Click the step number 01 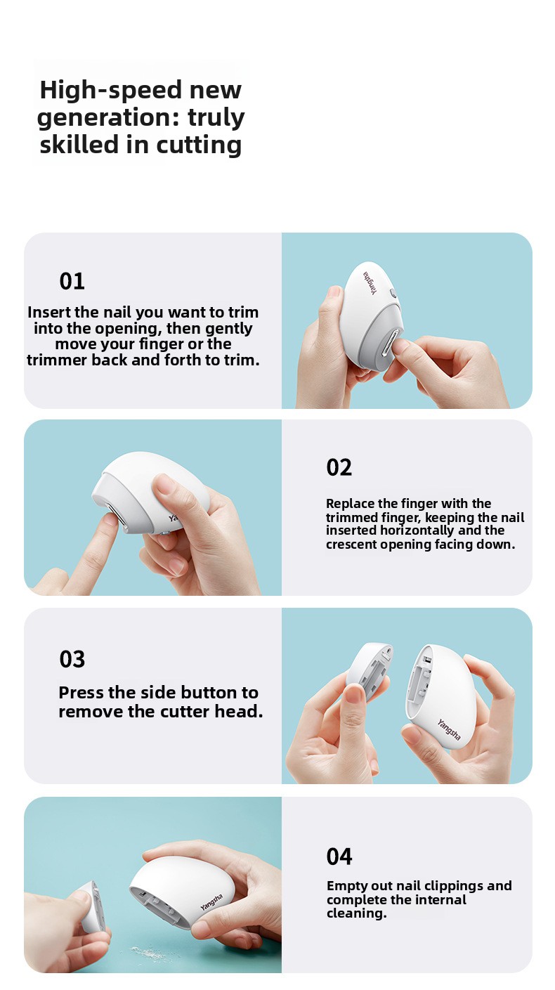72,281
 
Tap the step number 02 339,468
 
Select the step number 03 72,659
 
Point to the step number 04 339,857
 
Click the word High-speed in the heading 110,91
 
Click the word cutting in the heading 199,145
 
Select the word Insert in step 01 49,312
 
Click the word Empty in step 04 346,886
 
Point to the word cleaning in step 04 357,913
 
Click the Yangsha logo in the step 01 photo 371,282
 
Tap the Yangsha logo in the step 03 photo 448,730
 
